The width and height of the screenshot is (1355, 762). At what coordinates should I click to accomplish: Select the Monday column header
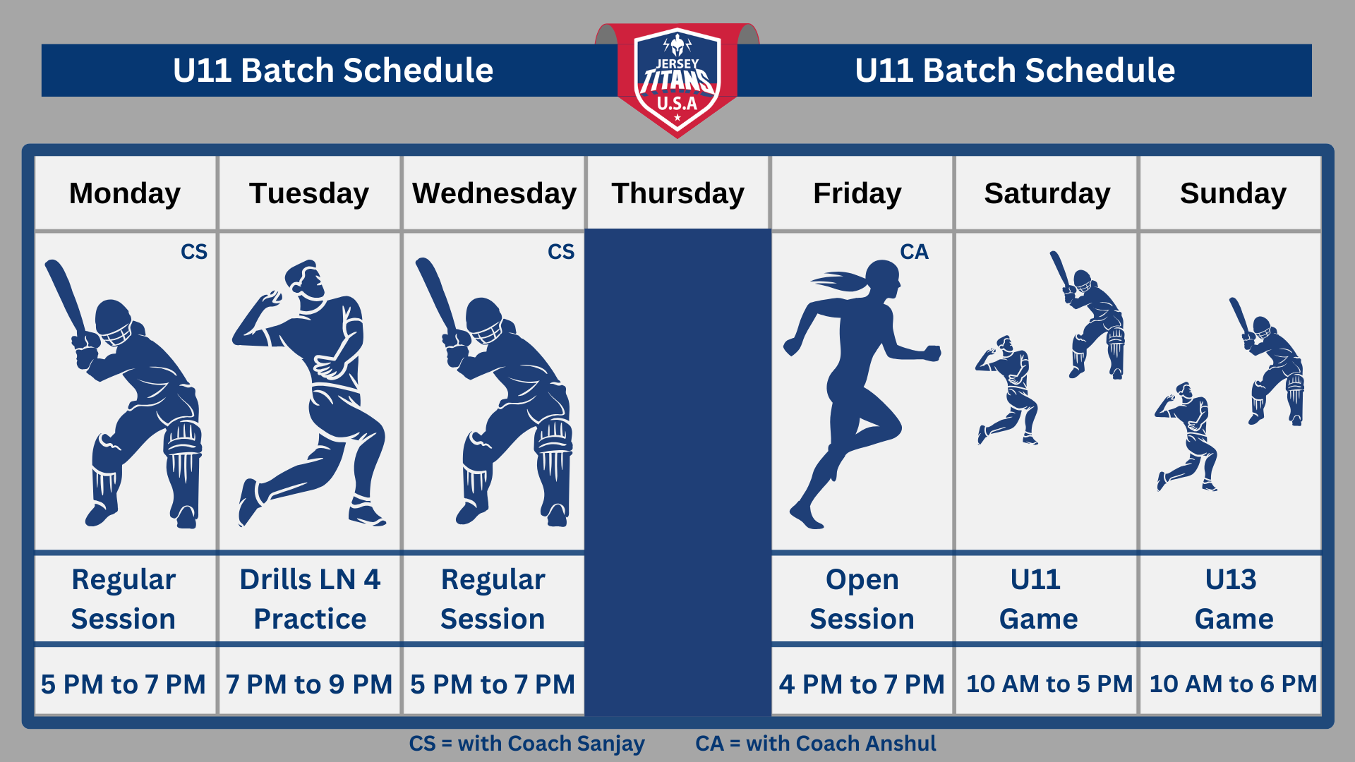125,193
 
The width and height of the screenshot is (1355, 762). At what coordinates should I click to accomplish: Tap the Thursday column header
677,193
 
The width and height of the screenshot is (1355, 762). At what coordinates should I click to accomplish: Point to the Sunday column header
1232,193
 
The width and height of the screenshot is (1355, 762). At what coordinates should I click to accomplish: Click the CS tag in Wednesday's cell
561,252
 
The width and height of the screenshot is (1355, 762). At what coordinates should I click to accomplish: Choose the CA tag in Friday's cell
914,252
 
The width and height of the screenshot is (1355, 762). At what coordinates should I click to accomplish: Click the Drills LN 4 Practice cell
310,599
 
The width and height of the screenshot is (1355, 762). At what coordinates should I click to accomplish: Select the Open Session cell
862,599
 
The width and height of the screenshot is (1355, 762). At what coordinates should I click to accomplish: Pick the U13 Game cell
1232,599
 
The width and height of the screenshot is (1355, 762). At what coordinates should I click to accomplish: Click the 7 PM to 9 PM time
309,684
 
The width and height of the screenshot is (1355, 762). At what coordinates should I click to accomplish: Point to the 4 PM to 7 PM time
862,684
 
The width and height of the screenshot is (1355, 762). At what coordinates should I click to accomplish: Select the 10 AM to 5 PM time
1049,684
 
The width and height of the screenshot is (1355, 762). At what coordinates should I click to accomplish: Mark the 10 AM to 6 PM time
1233,684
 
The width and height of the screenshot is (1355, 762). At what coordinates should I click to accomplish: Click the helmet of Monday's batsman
114,322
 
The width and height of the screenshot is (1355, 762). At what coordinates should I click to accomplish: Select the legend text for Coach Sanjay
526,744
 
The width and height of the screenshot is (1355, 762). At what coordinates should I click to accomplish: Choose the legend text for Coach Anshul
816,744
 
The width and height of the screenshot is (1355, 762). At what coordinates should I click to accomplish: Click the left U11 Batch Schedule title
333,71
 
